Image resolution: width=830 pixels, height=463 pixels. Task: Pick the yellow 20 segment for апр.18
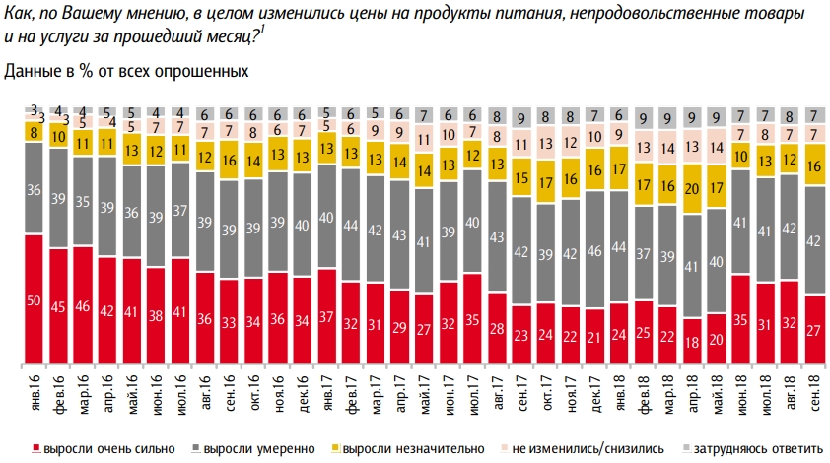click(691, 190)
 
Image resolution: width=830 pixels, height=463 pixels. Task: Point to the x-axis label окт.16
click(255, 386)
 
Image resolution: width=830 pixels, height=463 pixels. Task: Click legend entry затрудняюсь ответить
click(765, 448)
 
